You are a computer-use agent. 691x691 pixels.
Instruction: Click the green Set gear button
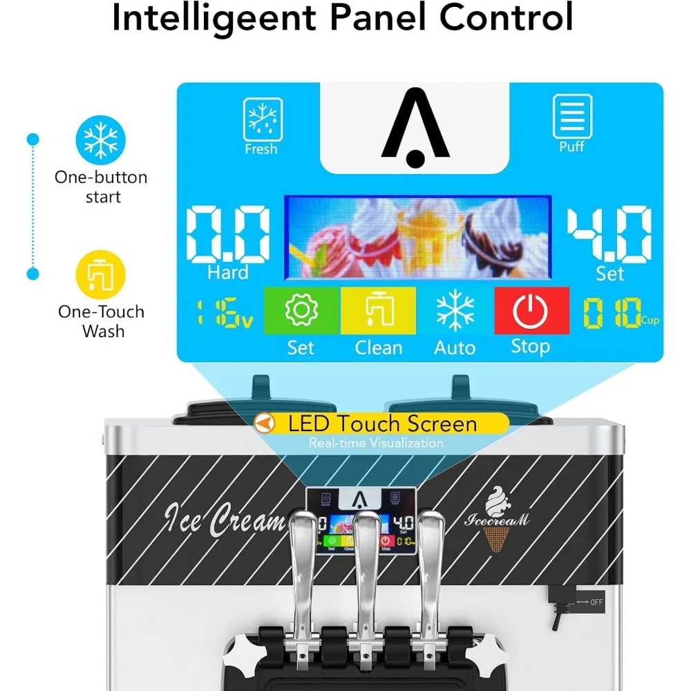[x=301, y=312]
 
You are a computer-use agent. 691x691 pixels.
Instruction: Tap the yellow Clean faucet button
[x=378, y=312]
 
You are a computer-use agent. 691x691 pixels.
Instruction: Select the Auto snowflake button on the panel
[x=455, y=312]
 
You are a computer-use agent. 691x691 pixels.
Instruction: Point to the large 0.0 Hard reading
[x=228, y=235]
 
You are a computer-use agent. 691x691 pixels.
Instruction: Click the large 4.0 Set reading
[x=609, y=235]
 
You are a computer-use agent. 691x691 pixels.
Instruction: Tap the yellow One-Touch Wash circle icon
[x=101, y=274]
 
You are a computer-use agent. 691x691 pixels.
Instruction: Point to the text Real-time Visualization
[x=377, y=443]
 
